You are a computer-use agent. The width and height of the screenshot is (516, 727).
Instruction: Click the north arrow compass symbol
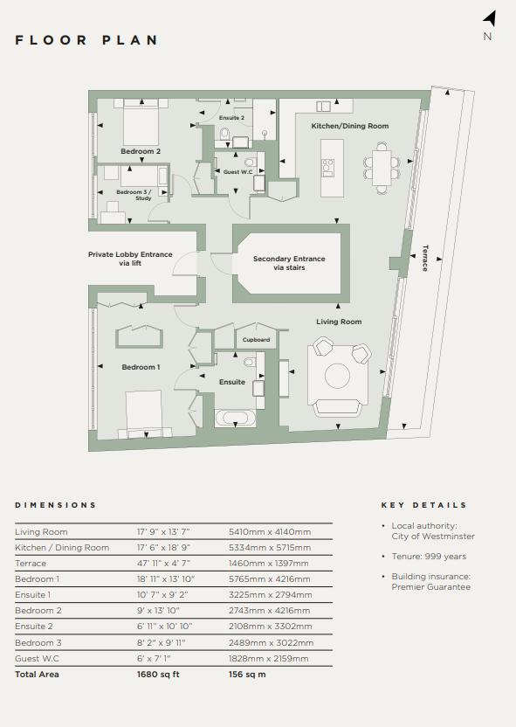491,19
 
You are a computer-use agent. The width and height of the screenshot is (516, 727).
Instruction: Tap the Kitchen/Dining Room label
350,126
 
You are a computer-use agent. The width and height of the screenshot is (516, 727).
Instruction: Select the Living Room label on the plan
339,322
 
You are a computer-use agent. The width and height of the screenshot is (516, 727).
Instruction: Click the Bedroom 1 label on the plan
141,367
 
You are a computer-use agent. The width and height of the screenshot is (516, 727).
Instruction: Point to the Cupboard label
256,339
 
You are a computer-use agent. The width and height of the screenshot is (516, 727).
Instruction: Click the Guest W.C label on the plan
238,171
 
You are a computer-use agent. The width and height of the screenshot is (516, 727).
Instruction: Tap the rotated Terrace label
425,258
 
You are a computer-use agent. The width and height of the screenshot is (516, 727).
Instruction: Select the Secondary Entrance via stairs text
289,263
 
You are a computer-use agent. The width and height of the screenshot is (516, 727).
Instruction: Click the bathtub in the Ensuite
236,419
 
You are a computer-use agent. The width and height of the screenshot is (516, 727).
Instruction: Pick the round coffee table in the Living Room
337,376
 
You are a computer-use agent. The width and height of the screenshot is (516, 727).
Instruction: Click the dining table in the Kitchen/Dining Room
382,168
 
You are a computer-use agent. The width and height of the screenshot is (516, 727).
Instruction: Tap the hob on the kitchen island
328,168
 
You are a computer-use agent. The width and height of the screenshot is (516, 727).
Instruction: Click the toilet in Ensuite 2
225,134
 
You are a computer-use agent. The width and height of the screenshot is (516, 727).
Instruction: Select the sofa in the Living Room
337,407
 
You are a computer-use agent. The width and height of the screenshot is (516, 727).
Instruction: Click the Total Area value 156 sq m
247,675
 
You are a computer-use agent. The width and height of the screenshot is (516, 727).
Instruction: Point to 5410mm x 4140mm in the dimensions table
270,532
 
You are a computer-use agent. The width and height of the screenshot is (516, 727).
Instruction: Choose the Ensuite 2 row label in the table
34,626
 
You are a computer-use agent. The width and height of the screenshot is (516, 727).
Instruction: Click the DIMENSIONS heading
56,505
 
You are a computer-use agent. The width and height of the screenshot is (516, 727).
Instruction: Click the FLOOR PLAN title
86,40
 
